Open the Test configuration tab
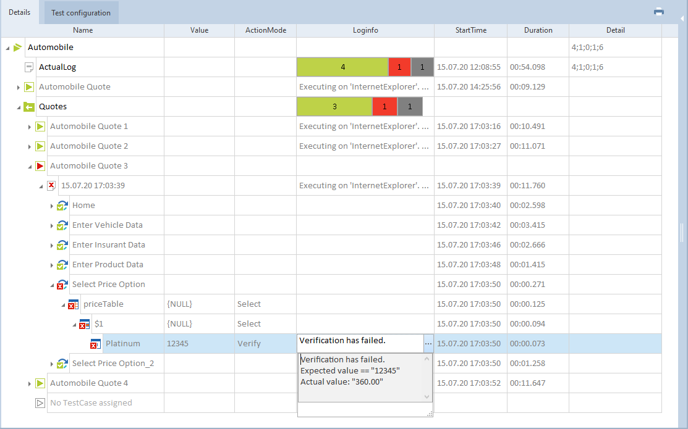(81, 13)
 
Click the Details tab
(20, 12)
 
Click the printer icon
(659, 12)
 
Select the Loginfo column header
(365, 30)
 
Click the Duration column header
(538, 30)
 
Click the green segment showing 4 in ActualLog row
(342, 67)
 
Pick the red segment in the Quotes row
(384, 107)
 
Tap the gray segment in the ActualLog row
(422, 67)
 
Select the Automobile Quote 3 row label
(89, 166)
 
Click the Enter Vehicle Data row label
(107, 225)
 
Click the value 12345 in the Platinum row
(177, 344)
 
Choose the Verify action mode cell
(249, 344)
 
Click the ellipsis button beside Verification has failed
(428, 344)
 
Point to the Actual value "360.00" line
(342, 382)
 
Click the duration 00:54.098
(527, 67)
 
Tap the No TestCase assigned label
(91, 403)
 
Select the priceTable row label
(103, 304)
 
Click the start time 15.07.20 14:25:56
(469, 87)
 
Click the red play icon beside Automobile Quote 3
(40, 166)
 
